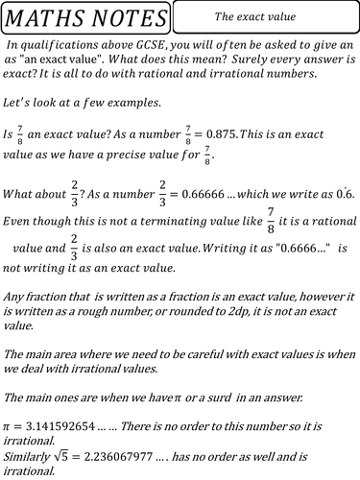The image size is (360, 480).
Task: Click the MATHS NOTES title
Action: pos(85,17)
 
